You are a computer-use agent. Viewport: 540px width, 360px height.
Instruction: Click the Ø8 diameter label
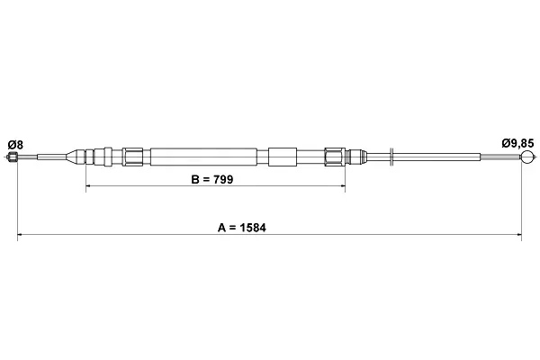tap(15, 145)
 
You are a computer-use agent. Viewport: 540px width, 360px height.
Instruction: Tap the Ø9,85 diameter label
tap(517, 143)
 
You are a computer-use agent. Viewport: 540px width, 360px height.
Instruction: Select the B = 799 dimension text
tap(212, 179)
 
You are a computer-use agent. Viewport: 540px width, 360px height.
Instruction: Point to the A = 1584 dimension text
tap(242, 228)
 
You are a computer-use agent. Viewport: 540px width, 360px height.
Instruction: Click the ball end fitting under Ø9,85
tap(527, 157)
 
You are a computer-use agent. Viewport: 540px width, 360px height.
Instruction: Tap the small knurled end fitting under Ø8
tap(13, 157)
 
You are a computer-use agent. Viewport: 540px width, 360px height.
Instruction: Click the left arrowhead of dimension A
tap(20, 235)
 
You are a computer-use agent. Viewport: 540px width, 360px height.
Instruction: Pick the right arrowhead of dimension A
tap(519, 235)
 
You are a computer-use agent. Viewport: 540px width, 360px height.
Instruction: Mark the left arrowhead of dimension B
tap(88, 186)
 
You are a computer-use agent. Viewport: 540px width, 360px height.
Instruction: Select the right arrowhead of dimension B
tap(343, 186)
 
